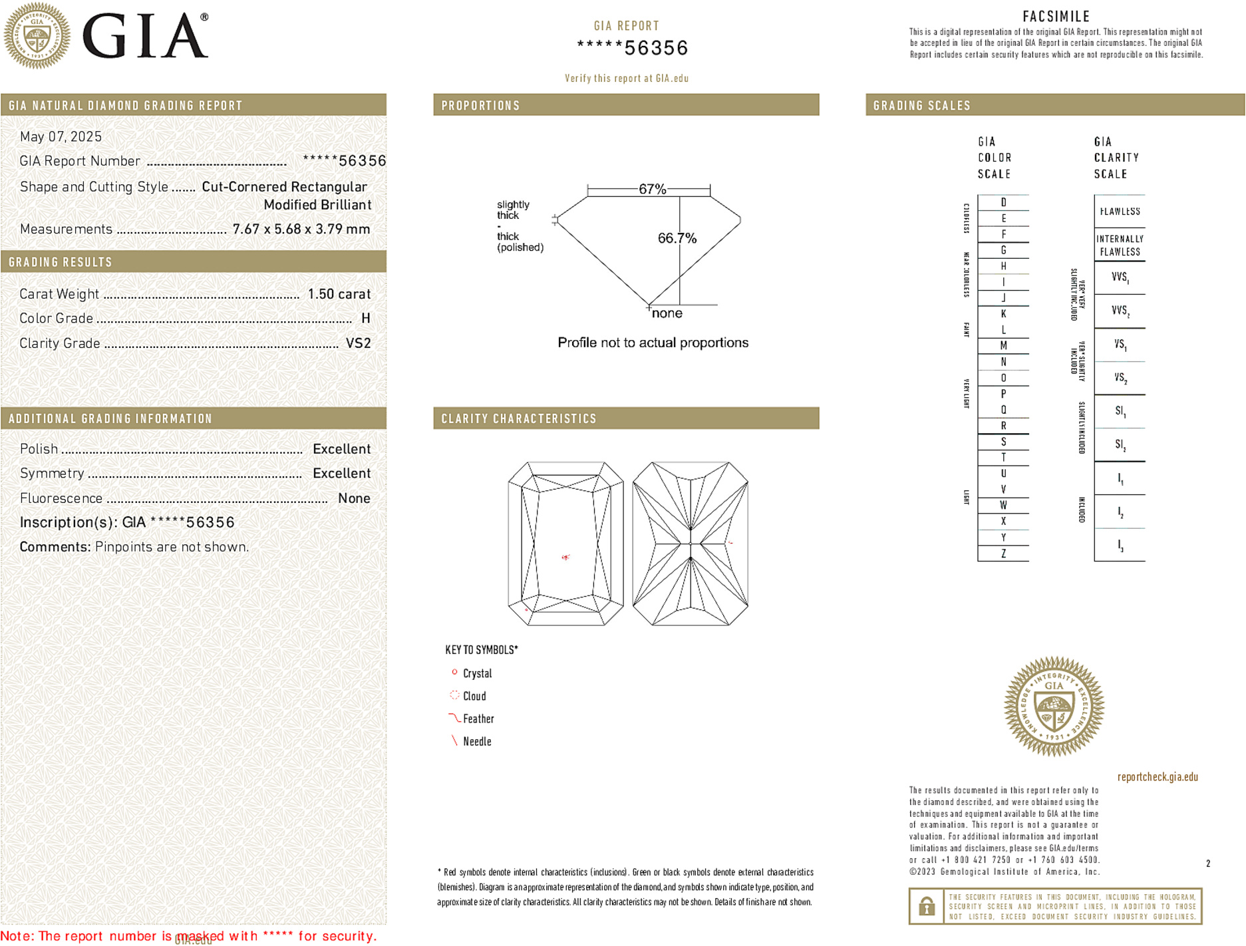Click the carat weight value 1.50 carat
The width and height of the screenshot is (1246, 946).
[339, 294]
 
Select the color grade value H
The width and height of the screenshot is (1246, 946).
[365, 319]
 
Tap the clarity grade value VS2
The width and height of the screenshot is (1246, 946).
[358, 343]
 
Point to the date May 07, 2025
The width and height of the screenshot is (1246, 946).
[61, 136]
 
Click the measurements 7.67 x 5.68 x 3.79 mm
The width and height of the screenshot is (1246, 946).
[301, 230]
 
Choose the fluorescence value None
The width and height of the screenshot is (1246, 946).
[354, 498]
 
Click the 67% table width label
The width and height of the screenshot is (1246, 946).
[652, 189]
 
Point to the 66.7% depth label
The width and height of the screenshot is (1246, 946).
[677, 238]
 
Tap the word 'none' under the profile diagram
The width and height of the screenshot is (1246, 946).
[667, 313]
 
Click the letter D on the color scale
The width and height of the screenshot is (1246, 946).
[1003, 202]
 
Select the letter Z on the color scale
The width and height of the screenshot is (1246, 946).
[1003, 553]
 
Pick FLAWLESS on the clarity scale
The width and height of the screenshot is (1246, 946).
[1120, 212]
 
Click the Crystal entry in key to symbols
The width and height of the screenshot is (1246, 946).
[477, 673]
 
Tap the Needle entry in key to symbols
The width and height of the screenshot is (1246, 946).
[476, 741]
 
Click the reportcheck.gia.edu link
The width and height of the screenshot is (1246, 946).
[1157, 776]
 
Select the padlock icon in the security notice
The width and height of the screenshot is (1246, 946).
[926, 906]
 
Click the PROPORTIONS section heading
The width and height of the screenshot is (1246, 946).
[480, 106]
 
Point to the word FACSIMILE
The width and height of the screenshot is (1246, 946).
[1056, 17]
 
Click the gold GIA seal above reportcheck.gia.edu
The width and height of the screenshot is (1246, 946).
[1054, 707]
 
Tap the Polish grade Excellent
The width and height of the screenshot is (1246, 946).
[341, 449]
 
